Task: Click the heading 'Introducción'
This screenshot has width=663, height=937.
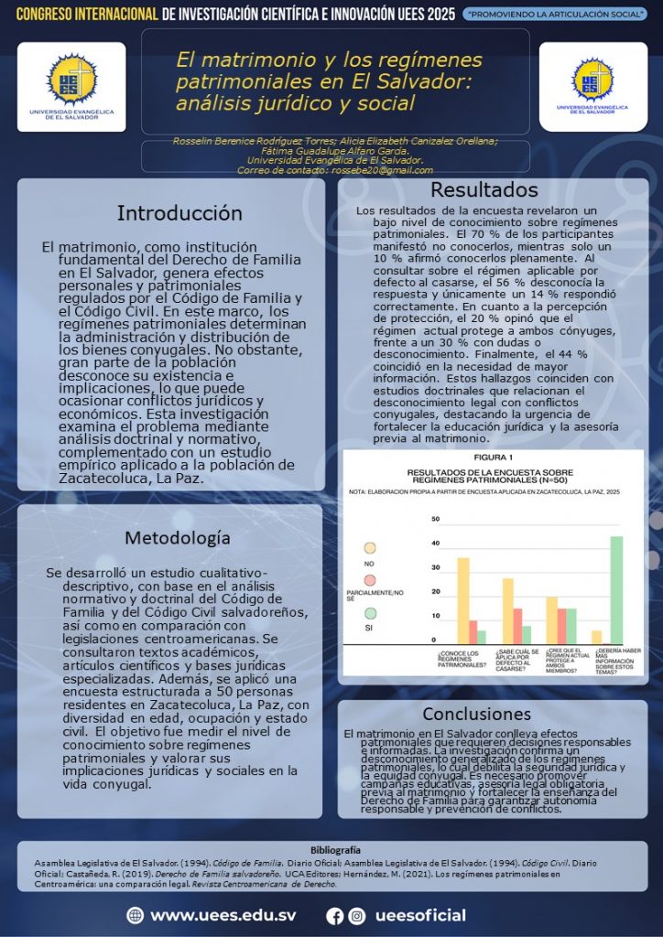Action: click(x=179, y=213)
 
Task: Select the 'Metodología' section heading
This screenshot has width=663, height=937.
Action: click(x=178, y=537)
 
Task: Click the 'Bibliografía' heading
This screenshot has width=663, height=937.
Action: click(x=335, y=850)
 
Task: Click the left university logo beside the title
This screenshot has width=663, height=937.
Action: click(x=71, y=87)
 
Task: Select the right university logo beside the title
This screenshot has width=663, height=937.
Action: click(x=592, y=86)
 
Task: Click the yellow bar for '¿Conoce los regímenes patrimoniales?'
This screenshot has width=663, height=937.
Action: click(x=463, y=600)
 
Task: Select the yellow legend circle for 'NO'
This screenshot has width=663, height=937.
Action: click(x=370, y=548)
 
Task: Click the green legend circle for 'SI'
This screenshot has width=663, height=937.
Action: click(x=370, y=614)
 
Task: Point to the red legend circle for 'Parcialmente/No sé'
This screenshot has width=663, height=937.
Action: click(x=370, y=580)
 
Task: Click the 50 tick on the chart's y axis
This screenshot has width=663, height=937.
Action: click(x=436, y=520)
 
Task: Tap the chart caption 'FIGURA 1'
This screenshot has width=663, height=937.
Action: click(x=494, y=457)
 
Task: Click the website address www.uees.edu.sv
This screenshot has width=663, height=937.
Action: click(x=223, y=915)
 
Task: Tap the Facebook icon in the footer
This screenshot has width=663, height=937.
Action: click(x=335, y=915)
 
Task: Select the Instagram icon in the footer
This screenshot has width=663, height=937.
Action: click(x=357, y=915)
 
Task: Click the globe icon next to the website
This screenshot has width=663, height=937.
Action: click(x=136, y=915)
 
